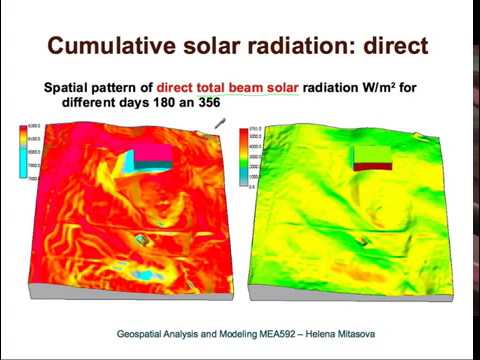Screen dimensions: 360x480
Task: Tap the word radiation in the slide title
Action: [x=295, y=45]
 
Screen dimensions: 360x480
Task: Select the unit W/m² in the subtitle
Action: [x=364, y=87]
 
